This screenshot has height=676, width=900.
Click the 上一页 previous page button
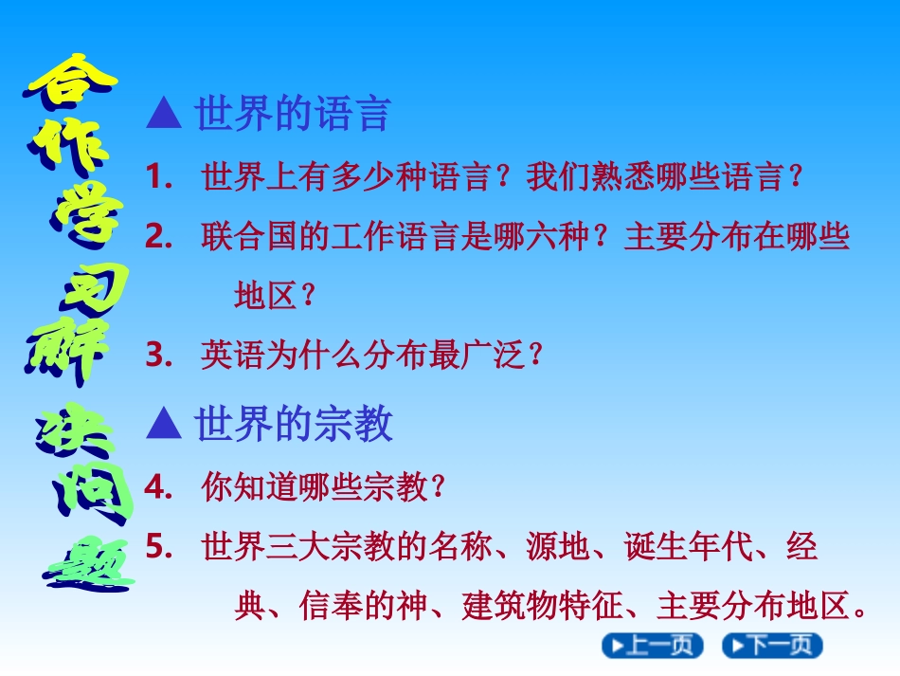pos(653,646)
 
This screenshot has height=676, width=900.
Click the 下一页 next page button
pos(772,646)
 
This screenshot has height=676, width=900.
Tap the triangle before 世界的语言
pos(164,113)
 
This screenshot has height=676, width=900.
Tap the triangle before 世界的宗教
pos(164,424)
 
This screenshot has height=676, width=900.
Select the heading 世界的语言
pos(293,113)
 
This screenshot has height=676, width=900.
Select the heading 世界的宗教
pos(293,424)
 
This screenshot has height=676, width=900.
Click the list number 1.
pos(159,176)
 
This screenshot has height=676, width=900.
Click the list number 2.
pos(159,236)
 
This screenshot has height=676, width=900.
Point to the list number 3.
pos(159,355)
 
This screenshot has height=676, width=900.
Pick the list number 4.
pos(159,487)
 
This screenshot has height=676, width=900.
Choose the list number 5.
pos(159,545)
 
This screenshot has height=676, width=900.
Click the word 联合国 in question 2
pos(249,236)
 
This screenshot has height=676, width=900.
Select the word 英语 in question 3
pos(233,355)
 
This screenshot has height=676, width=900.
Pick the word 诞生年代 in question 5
pos(688,545)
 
